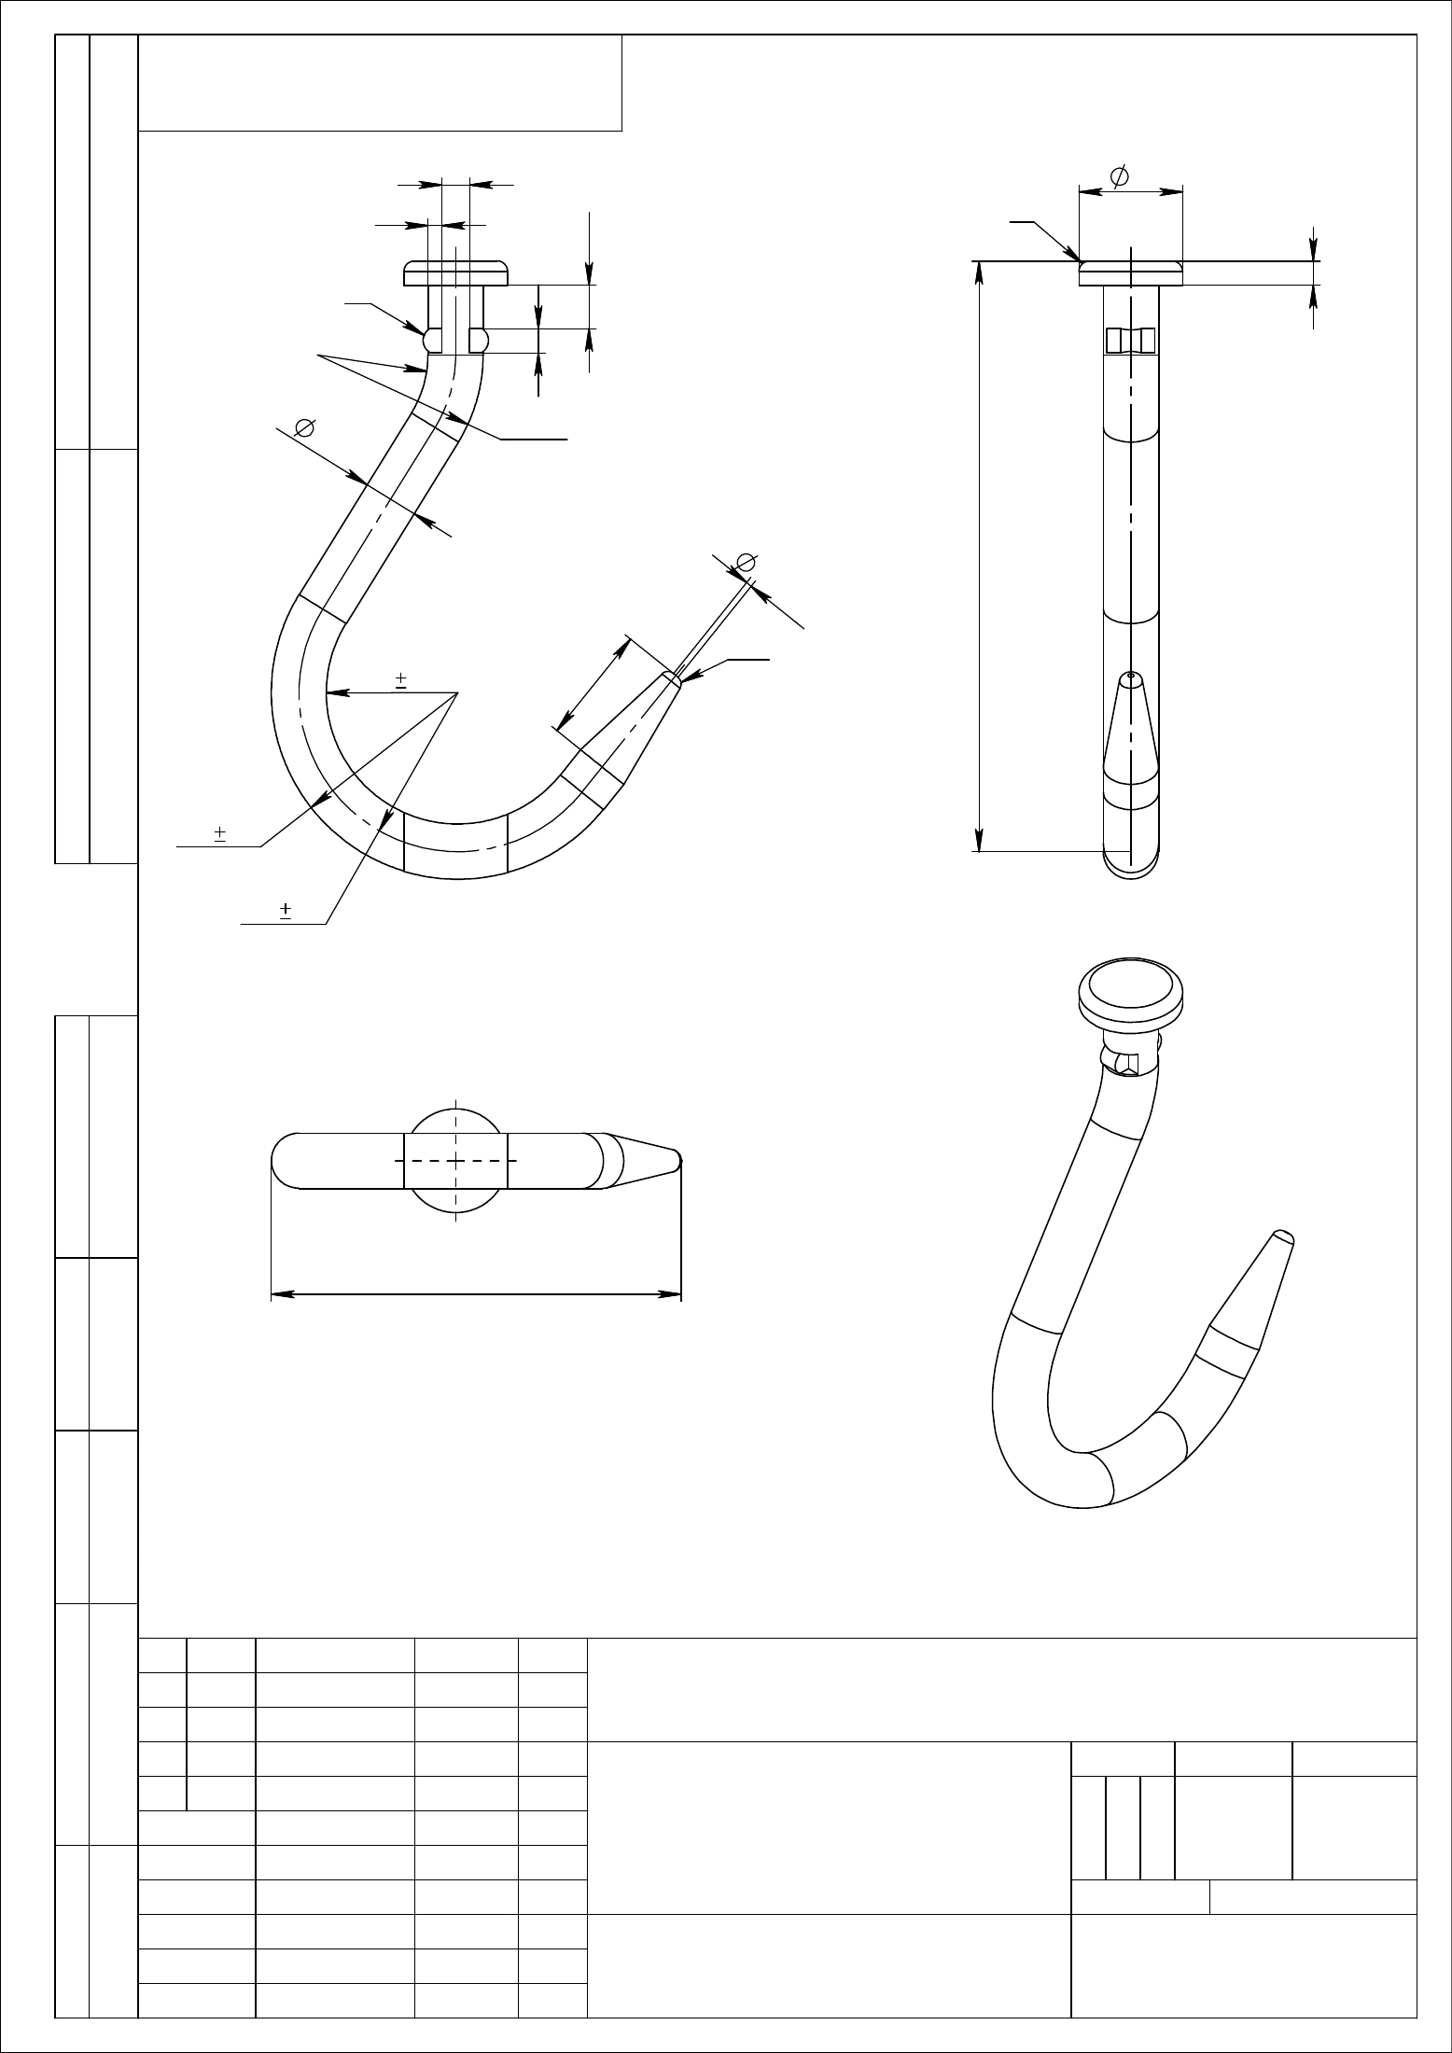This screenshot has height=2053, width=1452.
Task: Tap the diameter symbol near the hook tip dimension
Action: [746, 562]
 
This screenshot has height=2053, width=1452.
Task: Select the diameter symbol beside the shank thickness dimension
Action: [302, 428]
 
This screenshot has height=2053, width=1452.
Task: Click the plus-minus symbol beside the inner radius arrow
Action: [400, 679]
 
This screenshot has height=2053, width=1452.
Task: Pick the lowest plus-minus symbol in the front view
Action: [286, 910]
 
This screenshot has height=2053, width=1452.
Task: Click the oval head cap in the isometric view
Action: [1131, 990]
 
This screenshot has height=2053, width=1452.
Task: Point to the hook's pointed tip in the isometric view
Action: [1283, 1238]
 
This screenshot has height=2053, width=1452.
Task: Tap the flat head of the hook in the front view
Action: [456, 272]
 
